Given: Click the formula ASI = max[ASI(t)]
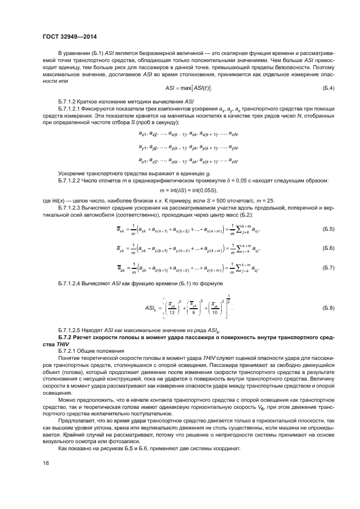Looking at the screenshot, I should click(188, 88).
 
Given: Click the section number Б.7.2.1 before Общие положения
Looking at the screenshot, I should click(68, 352).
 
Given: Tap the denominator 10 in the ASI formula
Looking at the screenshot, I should click(214, 312).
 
